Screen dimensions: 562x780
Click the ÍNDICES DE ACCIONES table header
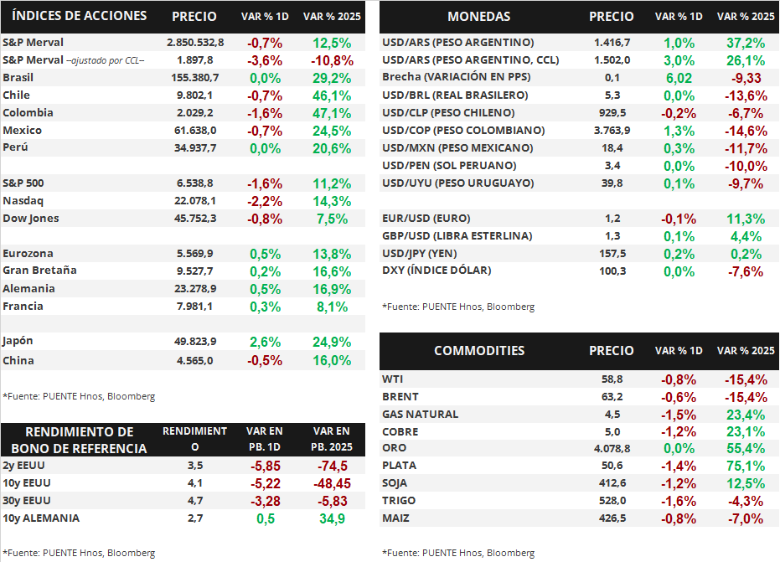click(80, 16)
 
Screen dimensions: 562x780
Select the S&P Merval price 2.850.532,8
click(196, 43)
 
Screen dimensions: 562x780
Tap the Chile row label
click(17, 95)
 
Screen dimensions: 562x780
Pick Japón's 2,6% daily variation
click(265, 342)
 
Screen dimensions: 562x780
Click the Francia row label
click(23, 307)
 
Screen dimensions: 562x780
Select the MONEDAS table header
click(478, 17)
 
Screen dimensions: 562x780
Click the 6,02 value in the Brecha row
click(678, 78)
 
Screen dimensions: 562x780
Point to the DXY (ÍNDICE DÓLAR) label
click(436, 271)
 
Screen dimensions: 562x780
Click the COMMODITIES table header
click(479, 351)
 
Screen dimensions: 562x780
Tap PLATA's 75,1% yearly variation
click(745, 467)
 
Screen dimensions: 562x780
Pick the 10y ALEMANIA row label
click(41, 518)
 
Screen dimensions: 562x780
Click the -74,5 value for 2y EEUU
click(331, 466)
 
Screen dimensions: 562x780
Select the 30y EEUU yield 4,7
click(194, 501)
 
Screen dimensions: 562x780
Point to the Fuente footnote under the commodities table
click(458, 553)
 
